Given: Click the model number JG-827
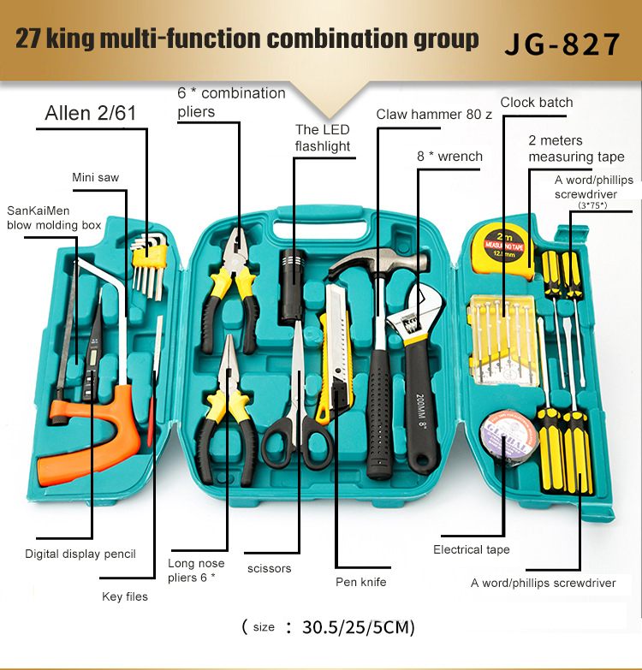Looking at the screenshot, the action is (x=562, y=44).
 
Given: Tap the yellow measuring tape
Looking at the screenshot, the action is (x=503, y=249).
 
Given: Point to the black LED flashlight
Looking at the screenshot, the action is (x=293, y=286).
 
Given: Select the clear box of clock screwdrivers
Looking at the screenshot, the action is (x=502, y=340).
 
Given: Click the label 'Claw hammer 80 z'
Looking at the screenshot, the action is (x=434, y=115).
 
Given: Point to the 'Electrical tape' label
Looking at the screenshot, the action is (x=472, y=549).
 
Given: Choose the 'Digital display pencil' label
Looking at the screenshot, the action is (x=80, y=554).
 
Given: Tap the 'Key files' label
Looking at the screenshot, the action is (x=125, y=596).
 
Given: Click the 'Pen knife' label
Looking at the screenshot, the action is (x=361, y=582).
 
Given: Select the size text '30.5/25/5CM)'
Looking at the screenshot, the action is (x=358, y=627).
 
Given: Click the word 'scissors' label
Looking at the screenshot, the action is (x=270, y=569).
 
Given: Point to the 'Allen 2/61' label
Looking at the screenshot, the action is (x=91, y=113).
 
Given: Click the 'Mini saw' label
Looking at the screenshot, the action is (x=95, y=177).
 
